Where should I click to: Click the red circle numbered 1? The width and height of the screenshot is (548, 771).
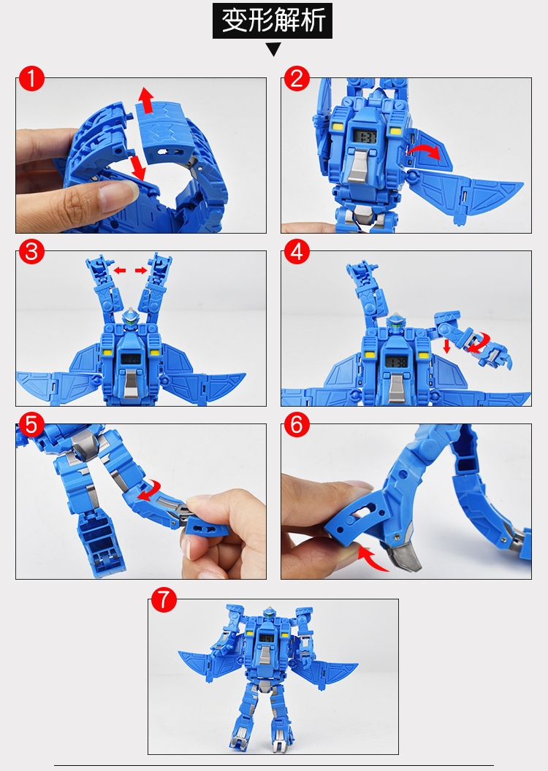pos(31,79)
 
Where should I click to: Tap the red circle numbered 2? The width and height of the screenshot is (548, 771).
pos(297,79)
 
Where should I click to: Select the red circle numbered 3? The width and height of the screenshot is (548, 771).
pos(31,252)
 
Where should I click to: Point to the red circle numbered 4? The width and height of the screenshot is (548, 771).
pos(297,252)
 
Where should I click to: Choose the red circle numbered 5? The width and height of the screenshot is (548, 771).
pos(31,425)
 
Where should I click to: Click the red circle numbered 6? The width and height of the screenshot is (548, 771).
pos(297,425)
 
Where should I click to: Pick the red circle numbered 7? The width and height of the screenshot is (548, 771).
pos(164,600)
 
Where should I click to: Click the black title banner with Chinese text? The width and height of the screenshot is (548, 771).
pos(273,20)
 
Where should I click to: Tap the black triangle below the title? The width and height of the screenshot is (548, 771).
pos(273,49)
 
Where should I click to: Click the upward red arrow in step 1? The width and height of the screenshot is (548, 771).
pos(145,100)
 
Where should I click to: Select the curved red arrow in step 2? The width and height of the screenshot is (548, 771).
pos(423,150)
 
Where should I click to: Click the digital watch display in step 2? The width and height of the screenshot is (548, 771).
pos(365,137)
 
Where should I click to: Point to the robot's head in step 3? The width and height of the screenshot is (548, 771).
pos(130,318)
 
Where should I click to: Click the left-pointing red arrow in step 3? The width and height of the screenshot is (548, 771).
pos(120,270)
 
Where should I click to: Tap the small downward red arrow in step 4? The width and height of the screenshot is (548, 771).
pos(446,346)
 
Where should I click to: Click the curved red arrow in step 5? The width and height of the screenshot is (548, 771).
pos(150,491)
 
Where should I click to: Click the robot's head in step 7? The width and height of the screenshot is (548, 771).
pos(269,613)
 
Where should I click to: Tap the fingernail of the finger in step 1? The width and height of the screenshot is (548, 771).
pos(118,192)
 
